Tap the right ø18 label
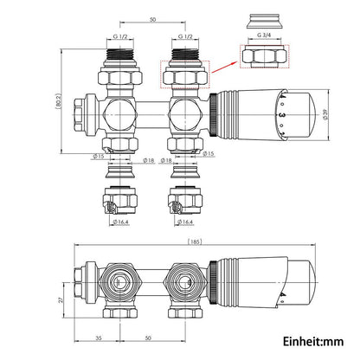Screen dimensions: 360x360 [x=164, y=160]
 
